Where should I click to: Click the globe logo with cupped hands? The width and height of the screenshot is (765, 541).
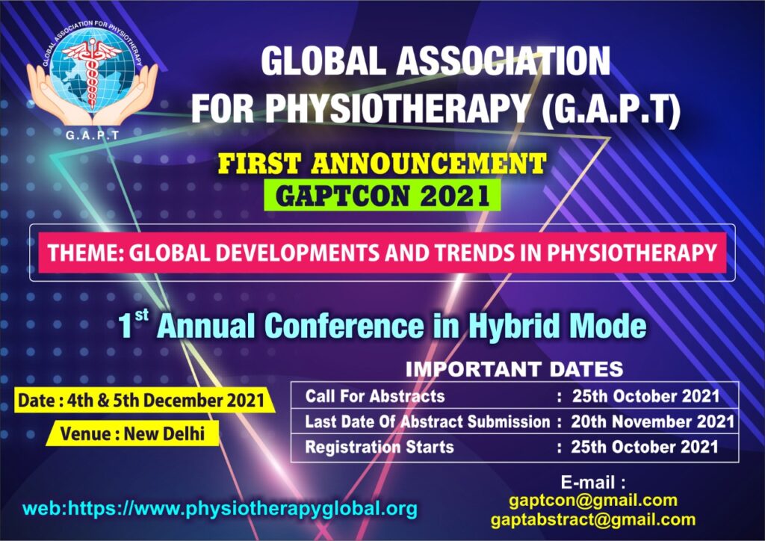(x=92, y=73)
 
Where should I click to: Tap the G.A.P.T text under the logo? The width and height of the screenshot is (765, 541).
(x=92, y=135)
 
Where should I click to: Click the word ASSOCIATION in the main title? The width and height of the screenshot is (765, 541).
(x=504, y=61)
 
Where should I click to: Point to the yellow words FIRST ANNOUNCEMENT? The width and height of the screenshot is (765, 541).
(x=382, y=164)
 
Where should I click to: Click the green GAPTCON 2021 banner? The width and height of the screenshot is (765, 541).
(x=382, y=196)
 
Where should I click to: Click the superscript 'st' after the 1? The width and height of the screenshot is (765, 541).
(x=141, y=315)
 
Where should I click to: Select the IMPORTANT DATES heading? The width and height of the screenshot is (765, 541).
(x=514, y=369)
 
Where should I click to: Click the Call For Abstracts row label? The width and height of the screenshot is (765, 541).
(x=375, y=395)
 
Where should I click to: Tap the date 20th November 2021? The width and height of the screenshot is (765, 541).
(x=652, y=421)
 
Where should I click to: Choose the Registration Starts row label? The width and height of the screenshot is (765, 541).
(x=379, y=447)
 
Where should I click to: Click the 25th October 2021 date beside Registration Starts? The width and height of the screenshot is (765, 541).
(x=645, y=447)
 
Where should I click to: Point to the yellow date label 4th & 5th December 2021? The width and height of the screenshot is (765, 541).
(x=141, y=401)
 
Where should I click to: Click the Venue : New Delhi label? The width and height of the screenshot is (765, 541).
(x=132, y=433)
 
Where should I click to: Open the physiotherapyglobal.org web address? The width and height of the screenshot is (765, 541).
(x=220, y=509)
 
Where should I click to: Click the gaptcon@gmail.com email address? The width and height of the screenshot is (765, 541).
(x=592, y=501)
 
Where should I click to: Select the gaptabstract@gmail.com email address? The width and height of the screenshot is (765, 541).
(x=592, y=519)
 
